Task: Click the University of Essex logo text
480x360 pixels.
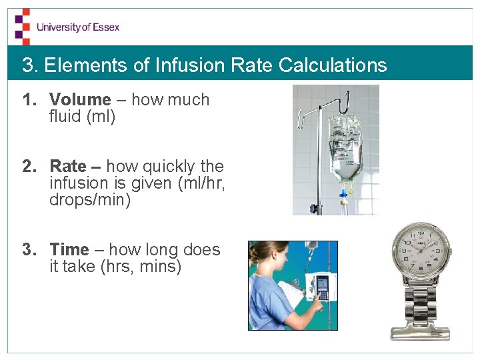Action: [78, 27]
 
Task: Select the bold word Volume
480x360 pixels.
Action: [80, 100]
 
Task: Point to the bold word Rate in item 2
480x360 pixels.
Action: [68, 166]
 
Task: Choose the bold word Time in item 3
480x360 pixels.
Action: [69, 250]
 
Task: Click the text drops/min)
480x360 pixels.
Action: [90, 200]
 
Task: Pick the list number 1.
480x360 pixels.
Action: [27, 100]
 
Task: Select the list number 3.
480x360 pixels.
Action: [27, 250]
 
